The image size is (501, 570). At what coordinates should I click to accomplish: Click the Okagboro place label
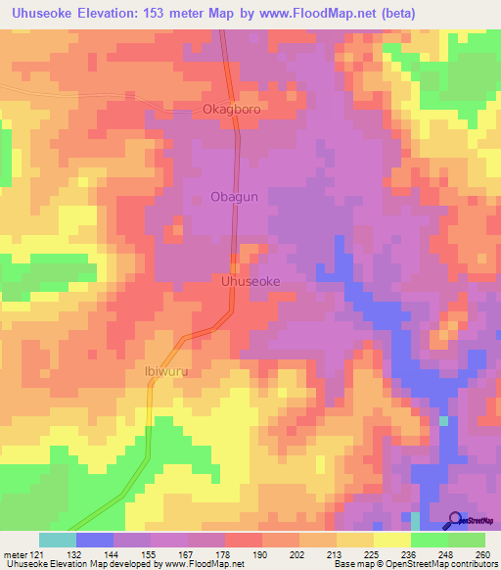pos(231,109)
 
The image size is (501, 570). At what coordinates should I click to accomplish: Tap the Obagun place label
pos(235,197)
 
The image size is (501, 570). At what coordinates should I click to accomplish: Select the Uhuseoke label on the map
pos(251,281)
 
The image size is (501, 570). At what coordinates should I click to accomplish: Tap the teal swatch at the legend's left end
pos(57,541)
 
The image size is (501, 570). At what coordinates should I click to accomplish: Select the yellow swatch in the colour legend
pos(390,541)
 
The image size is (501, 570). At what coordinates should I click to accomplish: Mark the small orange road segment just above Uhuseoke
pos(235,264)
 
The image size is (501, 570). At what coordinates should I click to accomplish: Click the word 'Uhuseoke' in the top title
pos(44,14)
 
